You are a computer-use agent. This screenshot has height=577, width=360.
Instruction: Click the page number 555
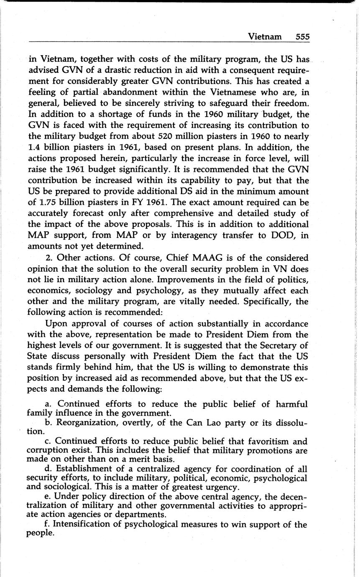pyautogui.click(x=302, y=37)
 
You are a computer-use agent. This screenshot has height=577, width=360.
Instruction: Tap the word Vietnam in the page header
pyautogui.click(x=265, y=37)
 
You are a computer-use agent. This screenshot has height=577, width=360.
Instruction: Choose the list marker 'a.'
pyautogui.click(x=49, y=404)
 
